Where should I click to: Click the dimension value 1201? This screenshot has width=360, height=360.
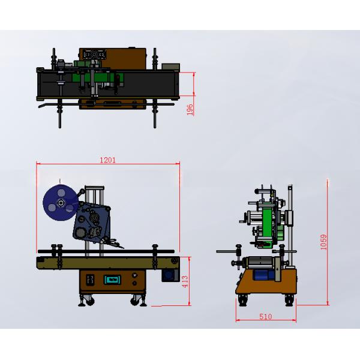point(107,160)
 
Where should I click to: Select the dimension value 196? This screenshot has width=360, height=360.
point(190,110)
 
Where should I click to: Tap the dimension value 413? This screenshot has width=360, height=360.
point(185,281)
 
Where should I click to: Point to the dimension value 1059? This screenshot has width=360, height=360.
point(323,242)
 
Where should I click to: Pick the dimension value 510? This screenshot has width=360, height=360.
point(266,317)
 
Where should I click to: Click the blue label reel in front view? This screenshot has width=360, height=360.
point(60,203)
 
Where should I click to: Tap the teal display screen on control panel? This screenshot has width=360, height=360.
point(113,280)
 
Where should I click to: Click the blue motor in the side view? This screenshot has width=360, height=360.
point(263,275)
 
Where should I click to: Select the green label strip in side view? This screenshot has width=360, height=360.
point(267,222)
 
